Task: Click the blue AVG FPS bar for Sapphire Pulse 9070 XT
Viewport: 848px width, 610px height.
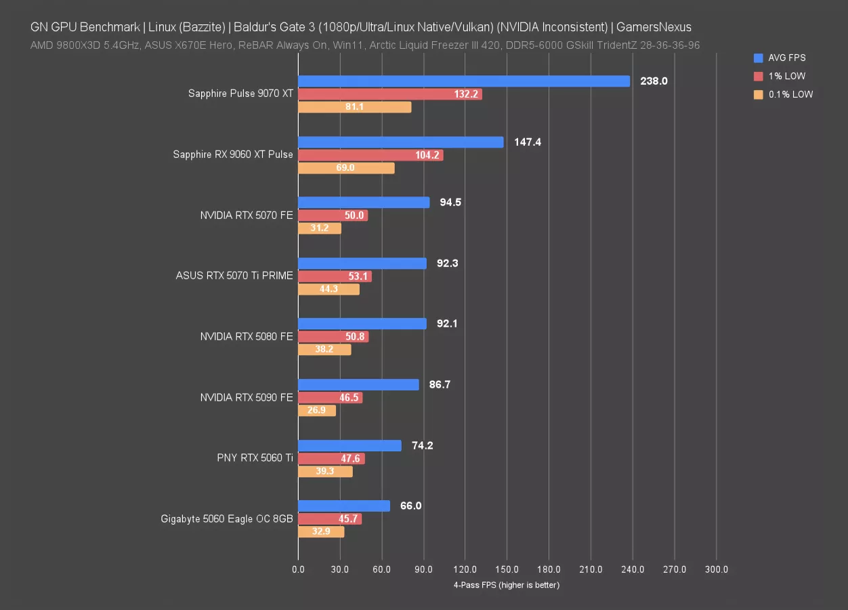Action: coord(463,81)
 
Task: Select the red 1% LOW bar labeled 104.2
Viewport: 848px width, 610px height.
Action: coord(370,155)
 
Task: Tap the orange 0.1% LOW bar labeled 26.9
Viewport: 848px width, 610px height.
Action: coord(316,411)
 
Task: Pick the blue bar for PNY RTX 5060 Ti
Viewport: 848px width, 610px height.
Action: coord(349,446)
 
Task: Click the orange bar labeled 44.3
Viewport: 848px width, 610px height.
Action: coord(328,289)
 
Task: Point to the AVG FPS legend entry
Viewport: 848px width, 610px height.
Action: coord(786,58)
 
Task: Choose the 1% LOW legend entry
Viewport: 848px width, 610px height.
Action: coord(786,77)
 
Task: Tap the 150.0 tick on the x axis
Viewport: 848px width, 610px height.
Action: coord(507,570)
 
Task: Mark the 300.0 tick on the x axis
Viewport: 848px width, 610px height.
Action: coord(717,570)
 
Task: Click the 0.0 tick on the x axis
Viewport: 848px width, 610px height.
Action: coord(298,570)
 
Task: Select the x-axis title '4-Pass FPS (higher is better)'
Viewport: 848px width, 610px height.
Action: coord(507,585)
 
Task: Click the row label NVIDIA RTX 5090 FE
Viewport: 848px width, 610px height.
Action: coord(247,398)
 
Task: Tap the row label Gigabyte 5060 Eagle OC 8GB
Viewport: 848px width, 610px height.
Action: coord(227,519)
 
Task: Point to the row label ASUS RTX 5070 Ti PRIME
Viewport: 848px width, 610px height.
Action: coord(234,276)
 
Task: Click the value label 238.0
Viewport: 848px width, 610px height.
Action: coord(654,81)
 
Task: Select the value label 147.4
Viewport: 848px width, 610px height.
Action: coord(528,142)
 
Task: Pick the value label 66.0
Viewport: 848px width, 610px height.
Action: coord(410,506)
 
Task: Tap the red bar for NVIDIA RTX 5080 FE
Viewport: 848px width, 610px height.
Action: coord(333,337)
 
